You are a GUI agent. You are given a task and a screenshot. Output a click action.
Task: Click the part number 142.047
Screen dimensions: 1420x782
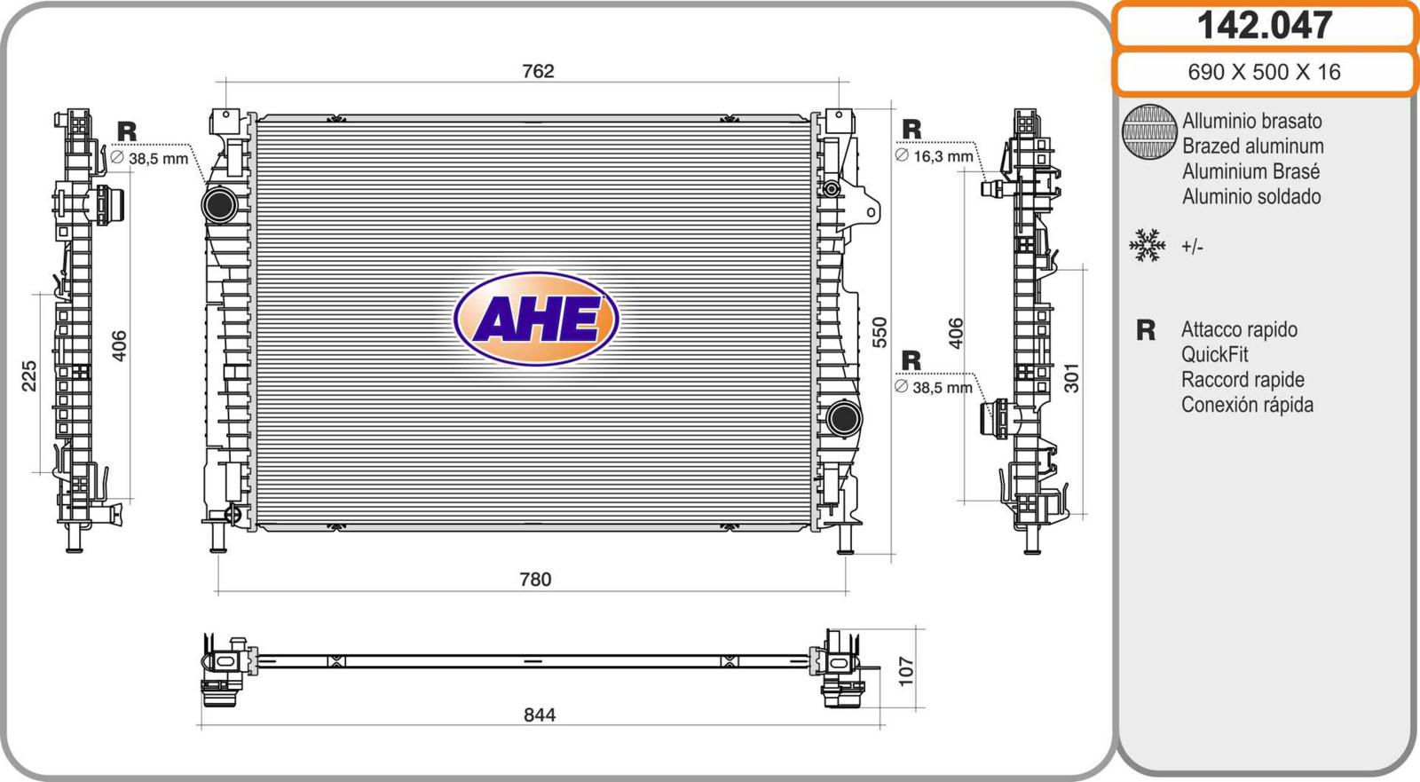[1264, 26]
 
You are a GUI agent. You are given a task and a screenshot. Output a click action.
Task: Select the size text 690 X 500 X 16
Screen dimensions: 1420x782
[1264, 72]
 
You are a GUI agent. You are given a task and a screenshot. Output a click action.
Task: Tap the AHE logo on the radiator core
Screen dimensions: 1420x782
[536, 319]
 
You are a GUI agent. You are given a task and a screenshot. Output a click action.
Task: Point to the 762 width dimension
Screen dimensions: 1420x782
[538, 71]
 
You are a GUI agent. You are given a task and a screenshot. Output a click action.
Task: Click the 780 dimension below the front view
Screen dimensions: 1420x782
[536, 580]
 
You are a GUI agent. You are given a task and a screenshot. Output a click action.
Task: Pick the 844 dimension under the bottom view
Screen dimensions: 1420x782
[540, 715]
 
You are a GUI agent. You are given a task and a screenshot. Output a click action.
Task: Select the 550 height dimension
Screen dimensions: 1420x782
[880, 332]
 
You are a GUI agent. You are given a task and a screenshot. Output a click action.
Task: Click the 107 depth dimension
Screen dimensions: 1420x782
[906, 671]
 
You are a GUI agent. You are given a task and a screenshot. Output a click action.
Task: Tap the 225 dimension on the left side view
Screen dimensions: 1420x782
[29, 376]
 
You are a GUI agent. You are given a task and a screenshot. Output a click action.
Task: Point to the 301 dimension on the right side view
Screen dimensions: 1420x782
[1071, 378]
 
